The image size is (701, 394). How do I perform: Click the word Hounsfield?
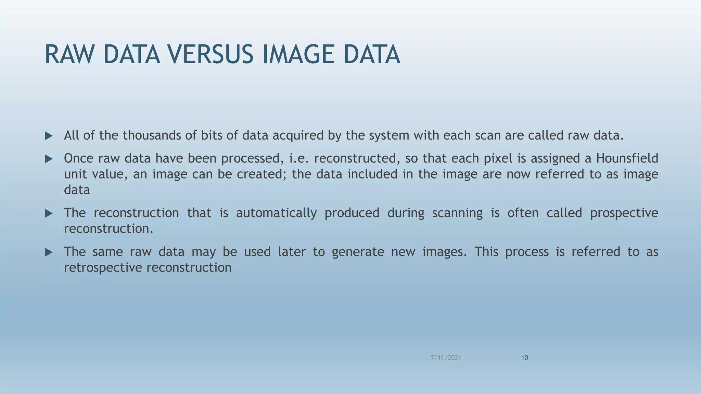[x=627, y=158]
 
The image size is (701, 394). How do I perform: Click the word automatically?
[x=276, y=213]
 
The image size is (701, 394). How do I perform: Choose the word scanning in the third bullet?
[x=457, y=213]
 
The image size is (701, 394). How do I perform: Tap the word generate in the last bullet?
[x=358, y=252]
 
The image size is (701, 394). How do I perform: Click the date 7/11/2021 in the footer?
[x=446, y=358]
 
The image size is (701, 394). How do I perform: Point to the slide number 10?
[x=524, y=358]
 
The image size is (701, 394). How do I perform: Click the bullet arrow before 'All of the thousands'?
[x=49, y=136]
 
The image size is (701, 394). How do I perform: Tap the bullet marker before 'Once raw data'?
[x=49, y=159]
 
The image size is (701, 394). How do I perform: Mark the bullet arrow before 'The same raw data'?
[x=49, y=252]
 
